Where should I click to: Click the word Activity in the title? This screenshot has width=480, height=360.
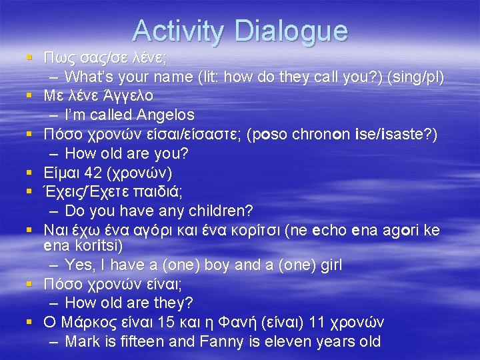179,31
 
